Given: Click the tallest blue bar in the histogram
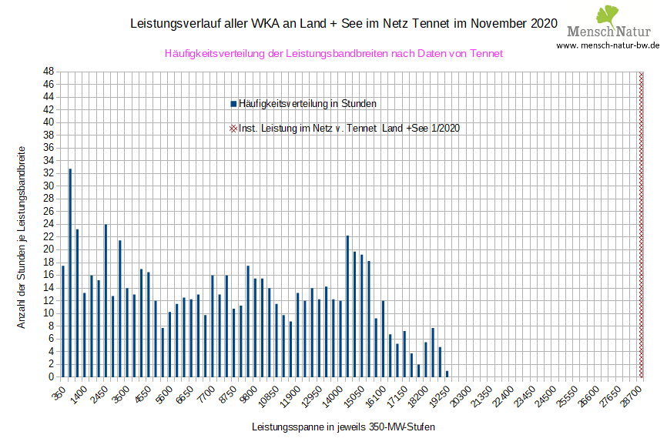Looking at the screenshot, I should coord(70,273).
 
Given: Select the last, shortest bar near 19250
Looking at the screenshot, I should coord(447,374).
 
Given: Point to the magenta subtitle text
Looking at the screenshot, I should coord(333,54).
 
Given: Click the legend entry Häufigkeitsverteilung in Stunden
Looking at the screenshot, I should coord(307,103).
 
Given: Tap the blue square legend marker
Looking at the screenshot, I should coord(233,103).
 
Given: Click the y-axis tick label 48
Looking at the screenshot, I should coord(48,72).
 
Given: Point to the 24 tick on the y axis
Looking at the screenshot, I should coord(48,224).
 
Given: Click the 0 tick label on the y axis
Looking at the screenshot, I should coord(51,377).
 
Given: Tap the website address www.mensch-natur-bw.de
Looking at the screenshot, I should coord(608,45).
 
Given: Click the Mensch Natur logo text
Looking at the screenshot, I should coord(608,32).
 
